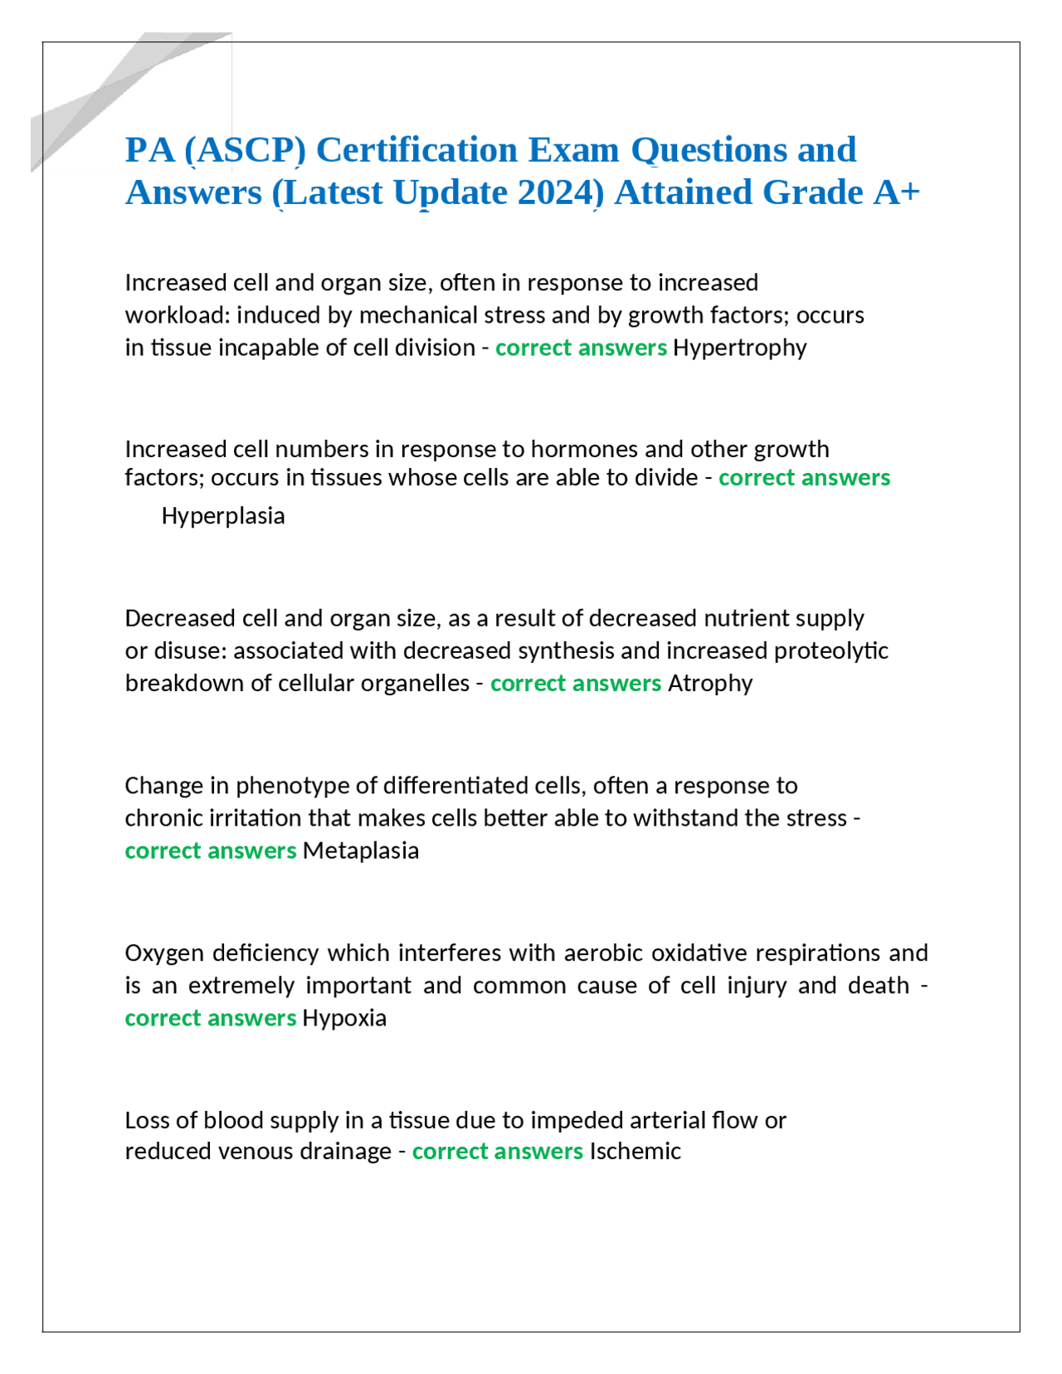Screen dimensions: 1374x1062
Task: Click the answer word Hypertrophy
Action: [x=739, y=348]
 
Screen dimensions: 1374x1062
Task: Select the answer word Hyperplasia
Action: [x=222, y=516]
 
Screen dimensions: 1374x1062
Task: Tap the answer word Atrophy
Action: [x=710, y=683]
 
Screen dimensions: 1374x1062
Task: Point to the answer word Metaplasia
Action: [x=360, y=850]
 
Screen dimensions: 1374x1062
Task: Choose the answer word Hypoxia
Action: [x=344, y=1018]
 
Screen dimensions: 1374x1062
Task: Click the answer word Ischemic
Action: [x=635, y=1151]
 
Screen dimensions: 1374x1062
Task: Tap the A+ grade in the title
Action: [x=896, y=192]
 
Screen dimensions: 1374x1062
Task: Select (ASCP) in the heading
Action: [x=245, y=150]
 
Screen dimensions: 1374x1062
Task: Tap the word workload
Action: [x=177, y=315]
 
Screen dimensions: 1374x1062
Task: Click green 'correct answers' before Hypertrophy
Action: [x=581, y=348]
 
